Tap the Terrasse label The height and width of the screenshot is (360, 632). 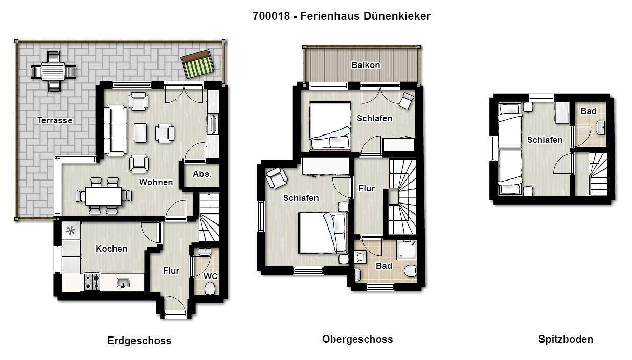click(55, 121)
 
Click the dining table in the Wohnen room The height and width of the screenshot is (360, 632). click(104, 195)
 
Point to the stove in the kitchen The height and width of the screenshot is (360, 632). click(92, 282)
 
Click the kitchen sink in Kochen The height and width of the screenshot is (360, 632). click(123, 282)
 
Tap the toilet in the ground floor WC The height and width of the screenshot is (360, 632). click(210, 289)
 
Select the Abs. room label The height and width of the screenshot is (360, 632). click(202, 174)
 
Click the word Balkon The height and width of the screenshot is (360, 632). click(366, 65)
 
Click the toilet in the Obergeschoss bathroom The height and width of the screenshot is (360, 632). click(410, 271)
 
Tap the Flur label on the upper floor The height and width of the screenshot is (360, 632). click(367, 188)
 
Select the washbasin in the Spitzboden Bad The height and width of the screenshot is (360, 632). click(600, 127)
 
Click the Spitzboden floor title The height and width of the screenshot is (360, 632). click(566, 339)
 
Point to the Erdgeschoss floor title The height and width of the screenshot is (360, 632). click(139, 341)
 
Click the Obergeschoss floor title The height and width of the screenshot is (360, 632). click(357, 339)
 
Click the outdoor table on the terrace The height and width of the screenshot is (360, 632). click(53, 71)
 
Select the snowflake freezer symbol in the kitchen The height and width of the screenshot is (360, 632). click(71, 231)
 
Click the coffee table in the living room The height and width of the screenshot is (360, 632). click(140, 132)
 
